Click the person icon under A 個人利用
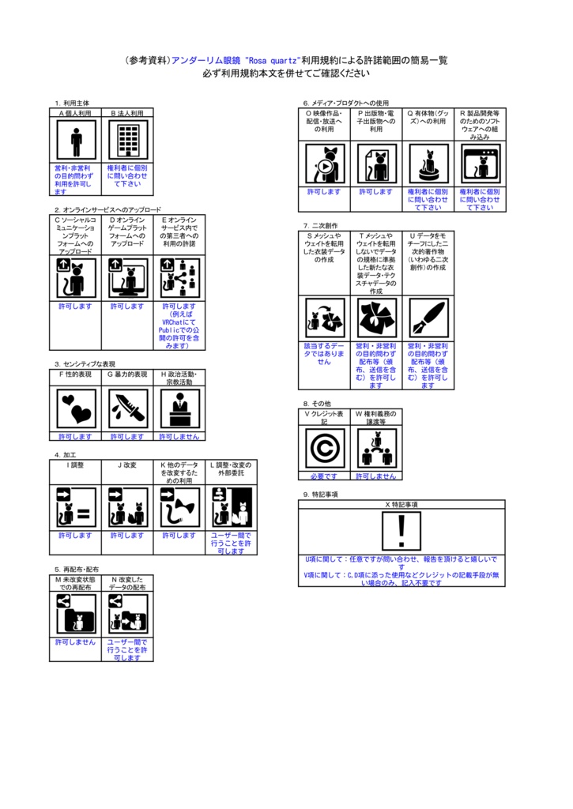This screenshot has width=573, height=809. click(x=76, y=141)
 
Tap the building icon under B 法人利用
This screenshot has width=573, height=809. click(x=128, y=141)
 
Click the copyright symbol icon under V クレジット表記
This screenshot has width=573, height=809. click(x=324, y=448)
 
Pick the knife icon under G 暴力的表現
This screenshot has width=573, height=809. click(x=127, y=408)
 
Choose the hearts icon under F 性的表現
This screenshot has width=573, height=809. click(x=76, y=408)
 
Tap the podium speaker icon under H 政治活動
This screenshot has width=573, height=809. click(x=179, y=408)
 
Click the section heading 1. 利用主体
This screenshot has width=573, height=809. click(x=72, y=103)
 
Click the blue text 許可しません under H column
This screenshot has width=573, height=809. click(x=179, y=436)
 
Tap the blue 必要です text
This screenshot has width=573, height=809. click(x=324, y=476)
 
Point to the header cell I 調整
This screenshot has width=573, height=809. click(x=76, y=465)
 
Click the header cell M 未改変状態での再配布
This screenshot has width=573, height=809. click(x=76, y=583)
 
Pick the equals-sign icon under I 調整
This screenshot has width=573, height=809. click(x=76, y=506)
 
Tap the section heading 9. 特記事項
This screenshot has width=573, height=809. click(x=320, y=495)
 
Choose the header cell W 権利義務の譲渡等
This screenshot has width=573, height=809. click(x=375, y=417)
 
